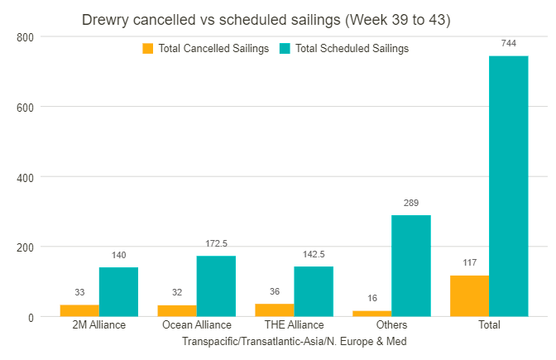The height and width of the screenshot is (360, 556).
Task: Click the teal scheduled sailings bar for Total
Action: click(x=508, y=186)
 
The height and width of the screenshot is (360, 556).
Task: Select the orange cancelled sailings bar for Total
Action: click(x=469, y=296)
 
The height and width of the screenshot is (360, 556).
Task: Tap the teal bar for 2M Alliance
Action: click(x=118, y=292)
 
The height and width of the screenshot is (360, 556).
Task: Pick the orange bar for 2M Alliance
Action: click(x=79, y=310)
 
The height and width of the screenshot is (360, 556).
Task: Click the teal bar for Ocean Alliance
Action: click(x=216, y=286)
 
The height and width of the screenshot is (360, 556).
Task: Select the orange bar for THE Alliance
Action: click(x=274, y=310)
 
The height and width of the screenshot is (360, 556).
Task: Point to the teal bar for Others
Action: click(x=410, y=266)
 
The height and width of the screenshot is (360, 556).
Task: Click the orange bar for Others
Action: click(x=371, y=314)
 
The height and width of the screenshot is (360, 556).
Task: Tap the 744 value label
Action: click(x=508, y=42)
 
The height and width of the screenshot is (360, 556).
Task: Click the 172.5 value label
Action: click(x=216, y=242)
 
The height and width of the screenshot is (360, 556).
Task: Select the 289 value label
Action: click(x=410, y=202)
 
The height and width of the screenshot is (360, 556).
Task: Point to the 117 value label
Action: click(x=469, y=262)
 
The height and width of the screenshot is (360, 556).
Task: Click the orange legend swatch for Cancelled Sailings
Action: click(x=148, y=49)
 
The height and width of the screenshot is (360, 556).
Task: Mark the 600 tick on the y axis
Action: click(x=25, y=107)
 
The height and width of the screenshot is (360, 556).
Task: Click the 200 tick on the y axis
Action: click(x=25, y=247)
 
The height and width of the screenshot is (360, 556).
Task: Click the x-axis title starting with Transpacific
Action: click(x=294, y=341)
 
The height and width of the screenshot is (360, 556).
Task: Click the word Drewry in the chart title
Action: click(x=108, y=19)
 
